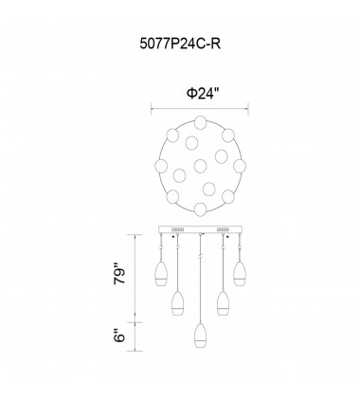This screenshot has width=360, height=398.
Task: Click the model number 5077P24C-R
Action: click(x=180, y=44)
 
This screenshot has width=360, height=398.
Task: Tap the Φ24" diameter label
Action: click(x=203, y=94)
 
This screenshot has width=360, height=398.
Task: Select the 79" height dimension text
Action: click(x=120, y=273)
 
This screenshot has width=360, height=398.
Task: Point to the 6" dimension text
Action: click(x=120, y=335)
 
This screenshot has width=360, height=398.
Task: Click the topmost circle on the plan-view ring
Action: click(x=201, y=122)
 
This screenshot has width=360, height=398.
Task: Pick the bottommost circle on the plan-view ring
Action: click(x=201, y=209)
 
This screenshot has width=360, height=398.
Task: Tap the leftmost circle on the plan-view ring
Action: click(x=161, y=166)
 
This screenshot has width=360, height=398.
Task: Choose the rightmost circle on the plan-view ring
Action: click(x=240, y=166)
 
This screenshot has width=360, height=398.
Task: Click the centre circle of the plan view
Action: click(x=200, y=166)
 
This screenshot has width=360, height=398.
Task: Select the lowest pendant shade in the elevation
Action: click(x=200, y=335)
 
